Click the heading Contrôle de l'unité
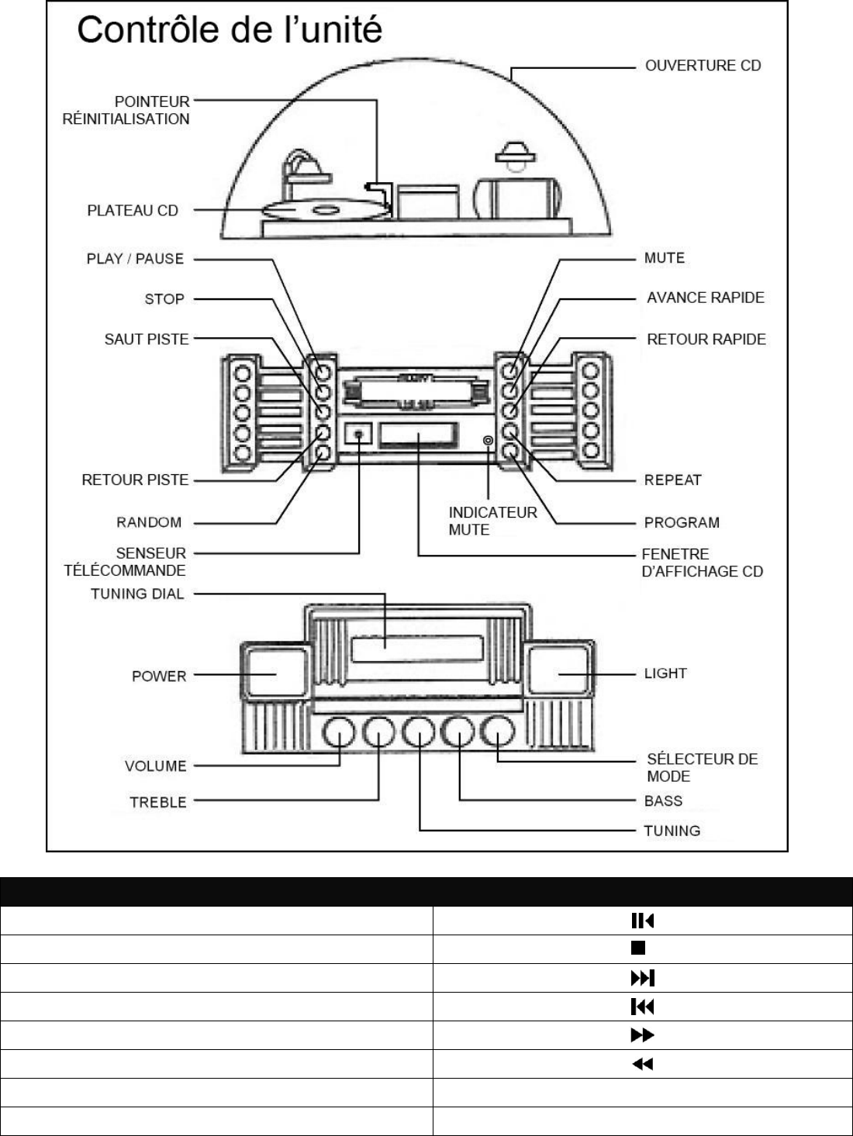230,30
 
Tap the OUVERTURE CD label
703,66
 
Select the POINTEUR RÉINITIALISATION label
126,110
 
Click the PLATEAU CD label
133,211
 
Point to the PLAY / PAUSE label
135,259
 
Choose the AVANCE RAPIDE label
705,298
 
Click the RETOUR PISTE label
135,480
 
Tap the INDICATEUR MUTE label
492,521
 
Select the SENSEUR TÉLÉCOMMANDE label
126,562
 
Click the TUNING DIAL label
137,594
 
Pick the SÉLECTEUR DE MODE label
702,767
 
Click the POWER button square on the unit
275,673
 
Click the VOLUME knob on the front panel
339,732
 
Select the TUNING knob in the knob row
419,732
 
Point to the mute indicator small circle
488,441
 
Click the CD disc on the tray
313,210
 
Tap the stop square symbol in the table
638,948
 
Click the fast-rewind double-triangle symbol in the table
642,1064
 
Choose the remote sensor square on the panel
359,435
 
